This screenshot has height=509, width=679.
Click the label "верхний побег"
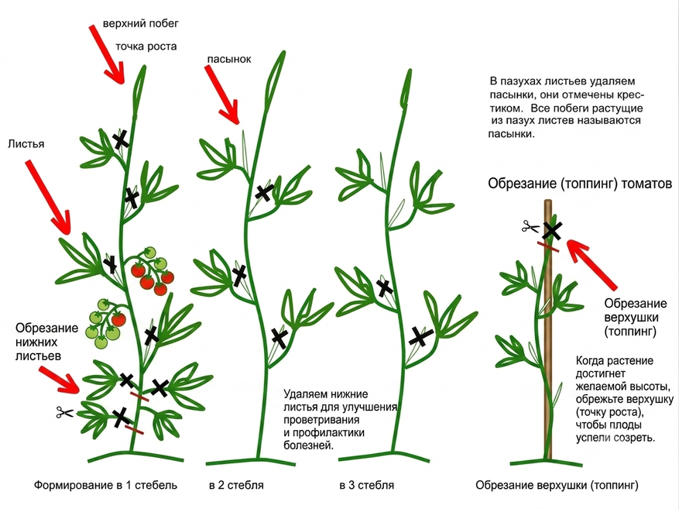point(140,23)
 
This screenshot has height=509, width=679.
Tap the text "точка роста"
point(146,46)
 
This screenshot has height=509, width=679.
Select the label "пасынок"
point(229,59)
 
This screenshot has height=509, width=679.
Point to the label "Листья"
point(26,144)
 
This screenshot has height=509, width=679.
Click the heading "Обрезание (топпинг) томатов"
point(580,184)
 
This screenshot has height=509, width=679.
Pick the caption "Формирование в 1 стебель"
point(105,485)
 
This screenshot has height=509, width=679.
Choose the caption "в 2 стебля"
point(236,485)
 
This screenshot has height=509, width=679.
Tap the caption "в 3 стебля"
point(367,485)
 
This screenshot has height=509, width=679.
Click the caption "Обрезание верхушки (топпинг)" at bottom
point(557,485)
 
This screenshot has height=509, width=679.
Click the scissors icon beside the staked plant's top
point(530,226)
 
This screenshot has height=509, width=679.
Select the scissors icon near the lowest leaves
point(65,412)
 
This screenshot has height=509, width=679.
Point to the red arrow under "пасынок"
point(221,95)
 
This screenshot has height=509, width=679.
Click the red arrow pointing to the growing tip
point(107,54)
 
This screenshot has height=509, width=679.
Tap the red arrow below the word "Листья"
point(48,197)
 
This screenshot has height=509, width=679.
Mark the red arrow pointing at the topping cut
point(591,264)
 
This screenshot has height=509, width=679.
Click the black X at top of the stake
point(552,231)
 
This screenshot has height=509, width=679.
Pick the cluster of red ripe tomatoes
point(152,271)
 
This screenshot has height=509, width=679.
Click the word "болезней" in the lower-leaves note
point(309,445)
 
